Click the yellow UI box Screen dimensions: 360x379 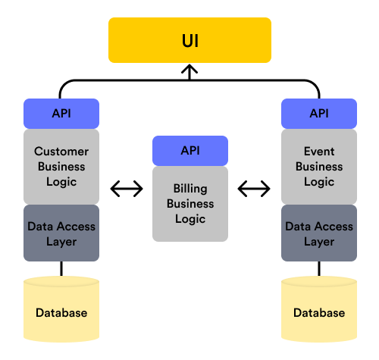(x=189, y=39)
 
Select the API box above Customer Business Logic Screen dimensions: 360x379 (x=61, y=114)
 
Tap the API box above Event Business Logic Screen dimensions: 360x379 (x=319, y=114)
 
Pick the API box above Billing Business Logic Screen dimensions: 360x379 (x=189, y=150)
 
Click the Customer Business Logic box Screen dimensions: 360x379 (x=61, y=167)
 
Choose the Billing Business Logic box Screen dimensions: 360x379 (x=189, y=204)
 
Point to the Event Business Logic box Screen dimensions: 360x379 (x=319, y=167)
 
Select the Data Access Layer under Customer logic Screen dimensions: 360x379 (x=61, y=233)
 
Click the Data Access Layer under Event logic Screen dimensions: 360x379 (x=319, y=233)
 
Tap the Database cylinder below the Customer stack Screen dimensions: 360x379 (x=61, y=311)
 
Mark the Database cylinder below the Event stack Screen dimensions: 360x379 (x=319, y=311)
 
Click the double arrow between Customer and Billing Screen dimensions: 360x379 (x=127, y=188)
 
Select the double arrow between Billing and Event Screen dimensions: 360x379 (x=254, y=188)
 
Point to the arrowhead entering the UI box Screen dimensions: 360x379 (x=189, y=70)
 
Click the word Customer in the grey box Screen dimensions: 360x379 (x=61, y=152)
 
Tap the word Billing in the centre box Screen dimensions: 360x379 (x=189, y=189)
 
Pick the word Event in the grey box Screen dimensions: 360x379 (x=319, y=152)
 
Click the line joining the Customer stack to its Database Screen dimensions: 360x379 (x=61, y=269)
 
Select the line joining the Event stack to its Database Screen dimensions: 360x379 (x=319, y=269)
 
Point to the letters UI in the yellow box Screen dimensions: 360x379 (x=189, y=39)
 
